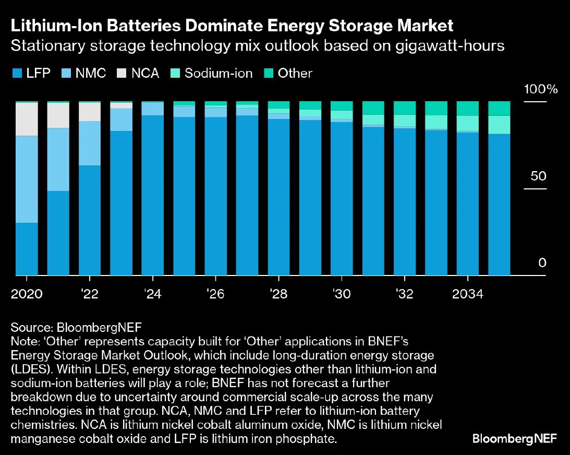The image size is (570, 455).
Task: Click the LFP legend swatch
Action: pyautogui.click(x=16, y=74)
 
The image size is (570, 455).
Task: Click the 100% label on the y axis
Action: pyautogui.click(x=540, y=89)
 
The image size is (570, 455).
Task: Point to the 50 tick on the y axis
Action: pyautogui.click(x=538, y=176)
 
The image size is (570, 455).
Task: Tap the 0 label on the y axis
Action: pyautogui.click(x=542, y=262)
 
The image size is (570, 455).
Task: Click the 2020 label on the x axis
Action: pyautogui.click(x=27, y=294)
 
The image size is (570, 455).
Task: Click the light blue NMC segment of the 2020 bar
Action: pyautogui.click(x=27, y=179)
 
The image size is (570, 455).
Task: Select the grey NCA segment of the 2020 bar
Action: pyautogui.click(x=27, y=119)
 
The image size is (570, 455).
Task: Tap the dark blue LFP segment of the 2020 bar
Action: pyautogui.click(x=27, y=248)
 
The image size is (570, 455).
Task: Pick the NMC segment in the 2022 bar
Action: pyautogui.click(x=90, y=143)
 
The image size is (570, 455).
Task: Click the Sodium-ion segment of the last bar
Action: pyautogui.click(x=499, y=125)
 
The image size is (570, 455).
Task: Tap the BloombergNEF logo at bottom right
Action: pyautogui.click(x=514, y=438)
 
